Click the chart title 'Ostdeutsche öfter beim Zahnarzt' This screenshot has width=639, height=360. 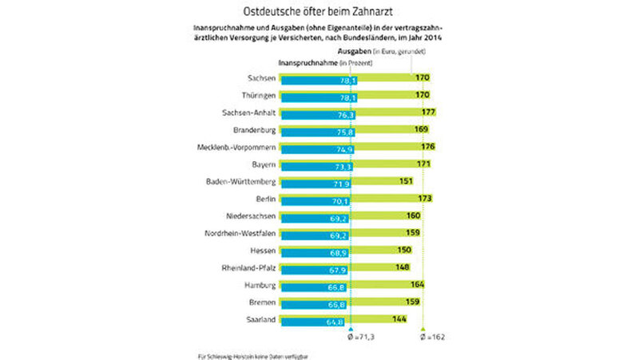click(319, 11)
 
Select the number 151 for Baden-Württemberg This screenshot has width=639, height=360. click(405, 182)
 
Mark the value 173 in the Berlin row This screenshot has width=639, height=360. click(424, 197)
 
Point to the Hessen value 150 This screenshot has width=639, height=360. click(405, 250)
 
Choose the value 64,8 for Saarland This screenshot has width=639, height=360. click(325, 320)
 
